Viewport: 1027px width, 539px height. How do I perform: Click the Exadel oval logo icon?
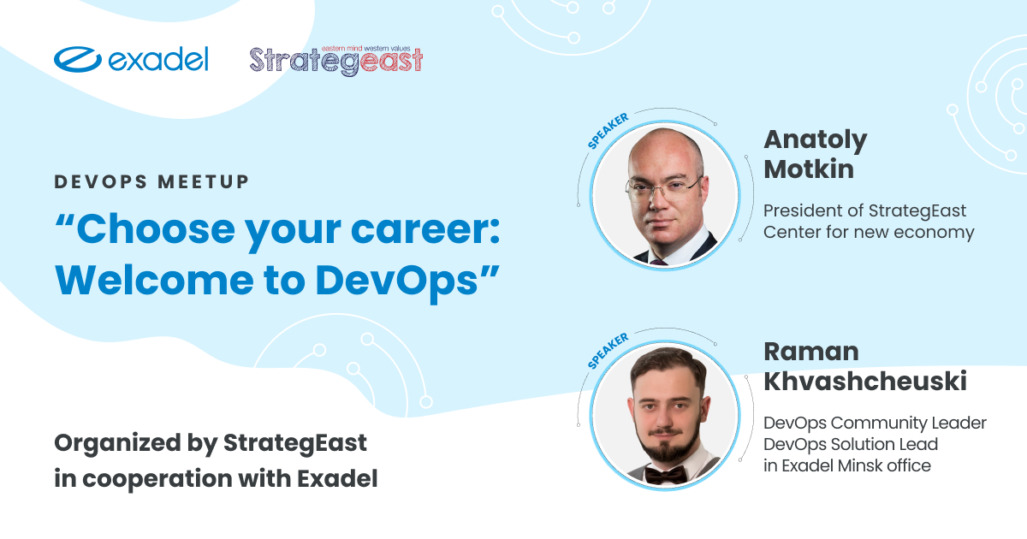78,59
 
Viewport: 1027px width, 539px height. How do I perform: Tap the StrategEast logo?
336,61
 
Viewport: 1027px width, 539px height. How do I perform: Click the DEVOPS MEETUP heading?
151,182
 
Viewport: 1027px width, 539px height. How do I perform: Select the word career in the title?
425,229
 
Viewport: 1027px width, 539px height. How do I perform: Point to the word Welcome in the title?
154,280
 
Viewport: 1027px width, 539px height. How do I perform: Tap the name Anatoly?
816,140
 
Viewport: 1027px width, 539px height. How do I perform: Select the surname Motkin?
809,169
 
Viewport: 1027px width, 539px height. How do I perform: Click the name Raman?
811,352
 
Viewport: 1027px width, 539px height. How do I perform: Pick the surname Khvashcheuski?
865,381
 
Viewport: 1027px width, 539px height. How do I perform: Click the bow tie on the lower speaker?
666,476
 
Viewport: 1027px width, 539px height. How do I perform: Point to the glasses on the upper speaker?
664,188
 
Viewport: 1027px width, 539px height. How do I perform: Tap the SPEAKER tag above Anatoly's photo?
608,131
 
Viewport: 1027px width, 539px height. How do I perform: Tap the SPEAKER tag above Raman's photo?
608,351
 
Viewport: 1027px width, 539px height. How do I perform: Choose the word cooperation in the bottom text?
157,479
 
